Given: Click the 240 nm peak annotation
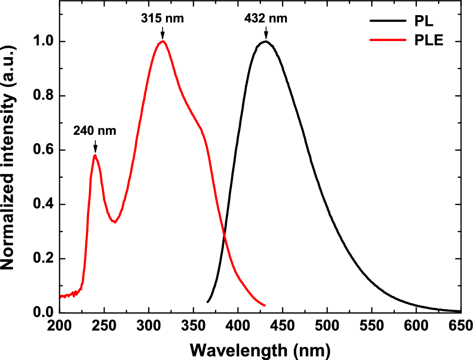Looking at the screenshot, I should click(x=95, y=131).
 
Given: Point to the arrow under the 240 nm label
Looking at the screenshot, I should click(x=95, y=146).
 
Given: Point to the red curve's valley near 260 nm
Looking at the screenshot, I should click(x=115, y=222).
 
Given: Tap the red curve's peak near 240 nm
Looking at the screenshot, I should click(x=95, y=155).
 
